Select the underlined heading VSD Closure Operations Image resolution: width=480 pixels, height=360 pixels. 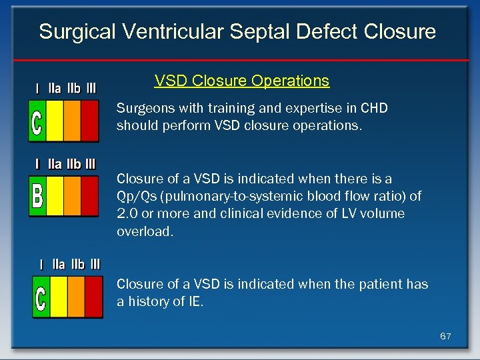click(241, 81)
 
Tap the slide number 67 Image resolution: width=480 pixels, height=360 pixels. click(445, 337)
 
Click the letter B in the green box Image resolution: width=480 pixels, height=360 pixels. click(38, 196)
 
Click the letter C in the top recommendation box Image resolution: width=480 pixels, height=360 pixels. click(37, 121)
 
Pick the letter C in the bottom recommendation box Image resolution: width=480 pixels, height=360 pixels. click(41, 297)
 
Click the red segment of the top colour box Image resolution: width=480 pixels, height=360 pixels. click(89, 121)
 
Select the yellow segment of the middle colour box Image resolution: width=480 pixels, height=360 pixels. click(55, 196)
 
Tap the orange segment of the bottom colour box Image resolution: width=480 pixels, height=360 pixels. click(77, 297)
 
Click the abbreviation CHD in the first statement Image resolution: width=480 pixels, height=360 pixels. click(374, 108)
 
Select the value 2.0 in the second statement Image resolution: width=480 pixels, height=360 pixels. click(127, 213)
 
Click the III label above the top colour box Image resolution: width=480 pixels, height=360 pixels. click(91, 87)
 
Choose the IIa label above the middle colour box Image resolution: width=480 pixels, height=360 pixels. click(54, 163)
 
